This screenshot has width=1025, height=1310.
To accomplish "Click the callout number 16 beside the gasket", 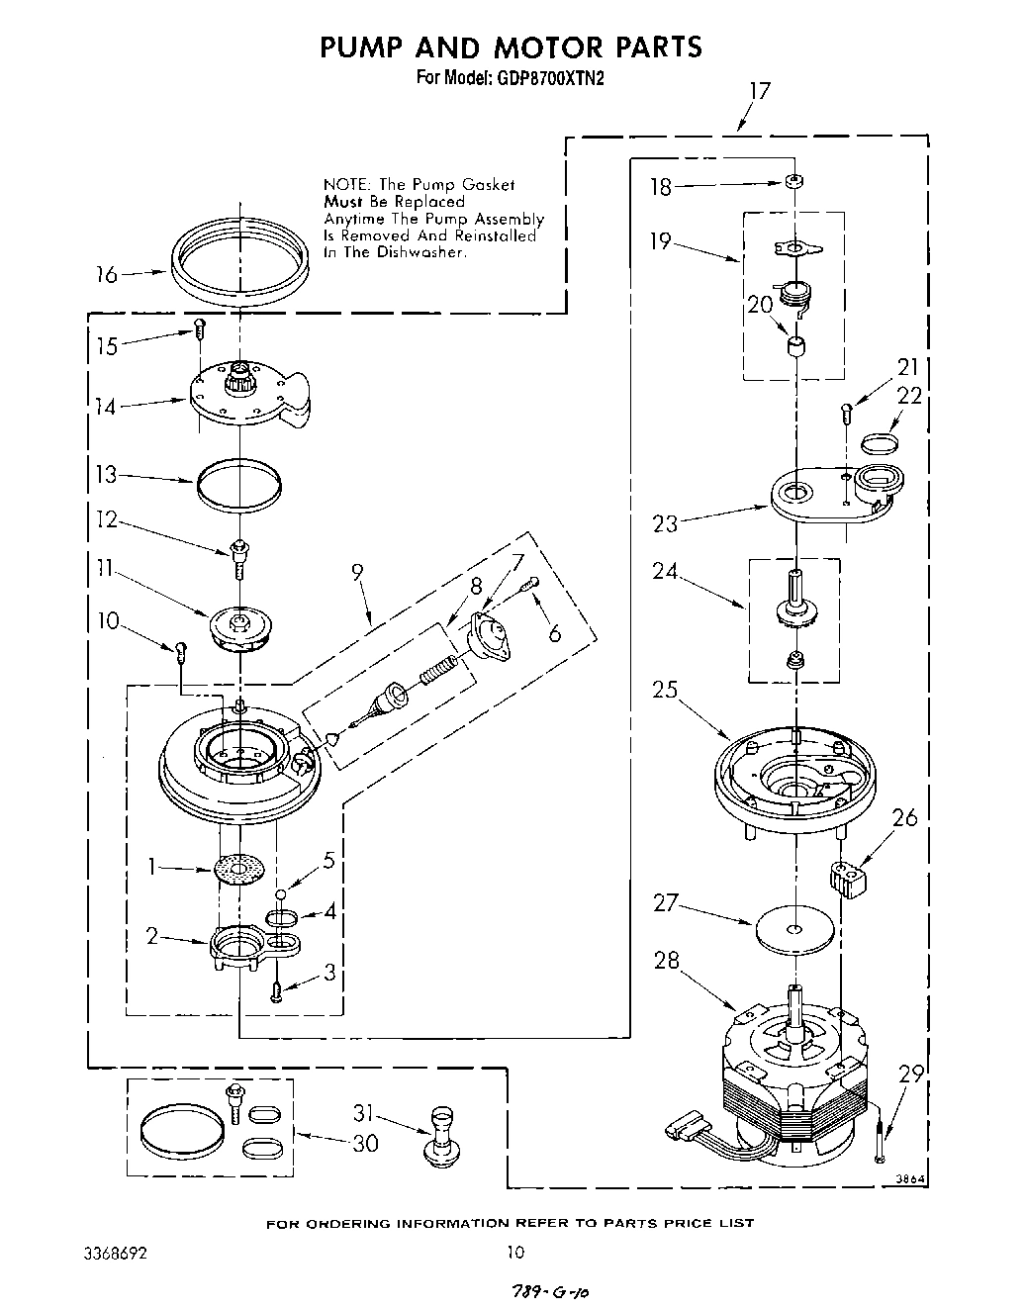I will click(106, 275).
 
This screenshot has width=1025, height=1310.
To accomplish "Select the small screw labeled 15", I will click(199, 326).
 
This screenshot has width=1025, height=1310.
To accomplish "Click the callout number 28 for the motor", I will click(667, 960).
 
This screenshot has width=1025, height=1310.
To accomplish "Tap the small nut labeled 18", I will click(793, 182).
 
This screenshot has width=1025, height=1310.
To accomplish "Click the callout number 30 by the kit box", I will click(365, 1143).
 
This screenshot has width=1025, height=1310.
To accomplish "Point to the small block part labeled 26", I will click(847, 878).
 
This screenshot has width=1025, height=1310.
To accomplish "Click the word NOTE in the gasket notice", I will click(344, 185).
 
